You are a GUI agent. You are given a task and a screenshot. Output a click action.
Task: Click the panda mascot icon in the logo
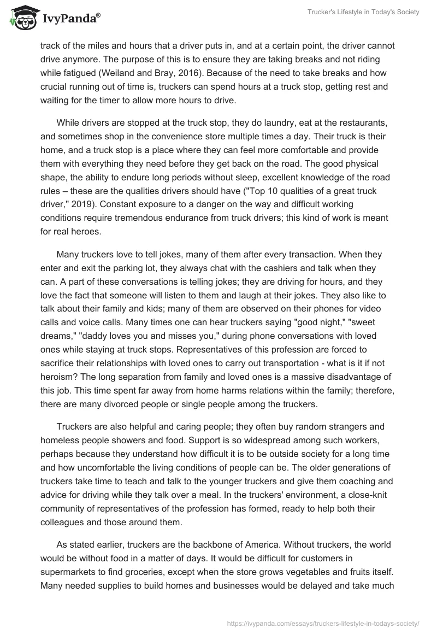pyautogui.click(x=20, y=18)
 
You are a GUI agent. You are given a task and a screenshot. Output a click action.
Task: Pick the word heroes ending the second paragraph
pyautogui.click(x=86, y=231)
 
